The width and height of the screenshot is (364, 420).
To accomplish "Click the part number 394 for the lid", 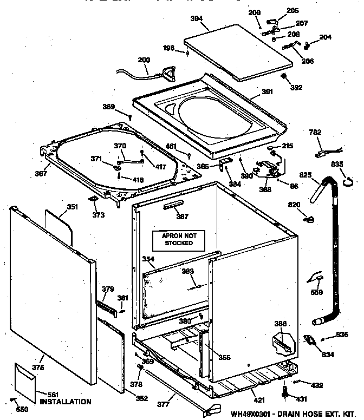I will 197,18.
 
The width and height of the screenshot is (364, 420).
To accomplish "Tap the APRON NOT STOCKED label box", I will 179,239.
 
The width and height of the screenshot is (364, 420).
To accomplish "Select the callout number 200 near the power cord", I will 144,60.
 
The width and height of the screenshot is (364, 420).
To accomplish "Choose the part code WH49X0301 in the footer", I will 252,414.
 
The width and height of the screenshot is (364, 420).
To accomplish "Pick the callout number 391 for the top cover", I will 267,91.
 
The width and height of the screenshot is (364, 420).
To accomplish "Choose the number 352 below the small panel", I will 141,398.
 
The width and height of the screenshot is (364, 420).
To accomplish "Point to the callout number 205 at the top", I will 292,11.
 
